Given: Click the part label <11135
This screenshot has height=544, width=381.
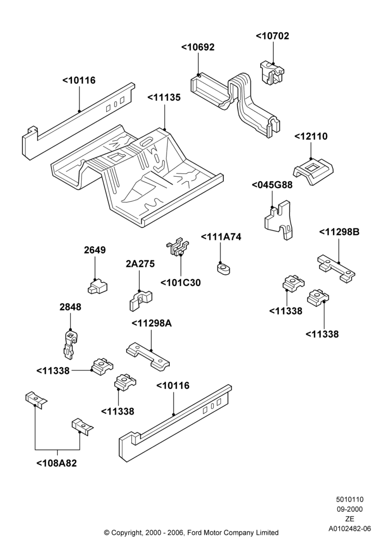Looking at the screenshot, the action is pyautogui.click(x=164, y=98).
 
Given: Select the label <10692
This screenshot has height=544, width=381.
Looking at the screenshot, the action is pyautogui.click(x=198, y=47).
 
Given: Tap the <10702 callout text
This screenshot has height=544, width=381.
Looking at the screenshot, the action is pyautogui.click(x=272, y=36).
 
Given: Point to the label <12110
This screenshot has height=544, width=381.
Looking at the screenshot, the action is pyautogui.click(x=311, y=137).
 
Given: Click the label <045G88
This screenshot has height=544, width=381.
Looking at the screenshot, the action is pyautogui.click(x=272, y=185).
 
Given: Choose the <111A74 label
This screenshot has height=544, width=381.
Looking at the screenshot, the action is pyautogui.click(x=221, y=237).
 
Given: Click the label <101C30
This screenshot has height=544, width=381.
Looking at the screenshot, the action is pyautogui.click(x=181, y=283).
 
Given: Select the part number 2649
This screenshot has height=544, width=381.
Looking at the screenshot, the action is pyautogui.click(x=95, y=250).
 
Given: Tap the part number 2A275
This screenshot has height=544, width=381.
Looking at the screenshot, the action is pyautogui.click(x=140, y=264).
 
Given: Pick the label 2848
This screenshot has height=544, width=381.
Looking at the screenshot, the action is pyautogui.click(x=70, y=307).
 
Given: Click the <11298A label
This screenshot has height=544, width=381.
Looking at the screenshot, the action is pyautogui.click(x=152, y=323).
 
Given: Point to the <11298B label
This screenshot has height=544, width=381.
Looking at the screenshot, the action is pyautogui.click(x=339, y=232).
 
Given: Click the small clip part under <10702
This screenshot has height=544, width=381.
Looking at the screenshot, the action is pyautogui.click(x=272, y=72).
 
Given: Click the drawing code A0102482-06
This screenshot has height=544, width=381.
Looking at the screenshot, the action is pyautogui.click(x=350, y=529).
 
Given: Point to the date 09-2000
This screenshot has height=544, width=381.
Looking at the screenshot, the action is pyautogui.click(x=350, y=509).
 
